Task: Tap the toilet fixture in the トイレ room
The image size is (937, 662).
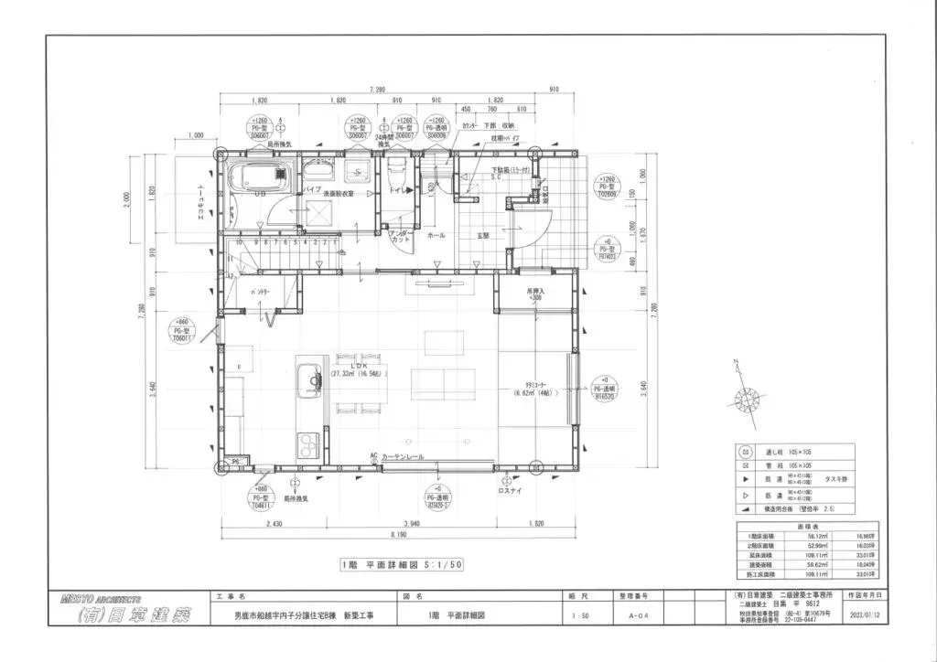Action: tap(396, 171)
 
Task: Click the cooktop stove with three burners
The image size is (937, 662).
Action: tap(306, 445)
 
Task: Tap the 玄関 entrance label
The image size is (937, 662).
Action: tap(481, 236)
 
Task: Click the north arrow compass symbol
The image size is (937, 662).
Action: tap(742, 396)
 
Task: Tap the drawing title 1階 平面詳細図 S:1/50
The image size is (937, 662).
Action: tap(402, 565)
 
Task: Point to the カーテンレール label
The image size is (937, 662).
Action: tap(403, 455)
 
